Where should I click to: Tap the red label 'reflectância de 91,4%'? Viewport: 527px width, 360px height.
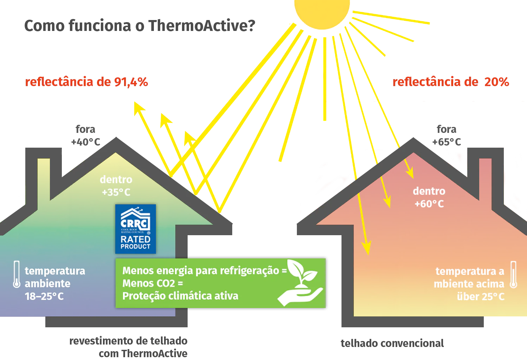[x=87, y=82]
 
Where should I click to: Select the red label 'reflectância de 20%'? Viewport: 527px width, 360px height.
[x=450, y=82]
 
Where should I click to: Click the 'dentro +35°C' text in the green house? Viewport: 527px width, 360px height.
[x=116, y=186]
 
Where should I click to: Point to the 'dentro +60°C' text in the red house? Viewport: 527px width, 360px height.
[x=429, y=197]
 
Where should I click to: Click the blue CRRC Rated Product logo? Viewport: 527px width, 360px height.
[x=136, y=229]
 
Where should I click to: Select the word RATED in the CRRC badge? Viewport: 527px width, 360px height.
[x=135, y=239]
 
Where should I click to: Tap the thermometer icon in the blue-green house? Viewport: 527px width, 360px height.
[x=17, y=274]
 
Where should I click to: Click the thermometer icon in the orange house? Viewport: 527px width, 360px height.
[x=513, y=275]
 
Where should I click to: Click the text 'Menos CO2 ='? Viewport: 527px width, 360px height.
[x=152, y=283]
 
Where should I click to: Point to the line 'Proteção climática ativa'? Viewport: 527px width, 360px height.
[x=180, y=296]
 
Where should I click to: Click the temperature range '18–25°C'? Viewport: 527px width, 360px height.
[x=44, y=296]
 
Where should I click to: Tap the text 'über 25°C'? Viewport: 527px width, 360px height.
[x=480, y=297]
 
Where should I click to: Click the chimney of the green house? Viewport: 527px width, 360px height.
[x=44, y=176]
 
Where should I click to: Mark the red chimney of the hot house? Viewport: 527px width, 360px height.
[x=485, y=176]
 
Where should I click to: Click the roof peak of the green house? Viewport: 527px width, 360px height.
[x=116, y=141]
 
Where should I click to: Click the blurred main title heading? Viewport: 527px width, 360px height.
[x=139, y=26]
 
